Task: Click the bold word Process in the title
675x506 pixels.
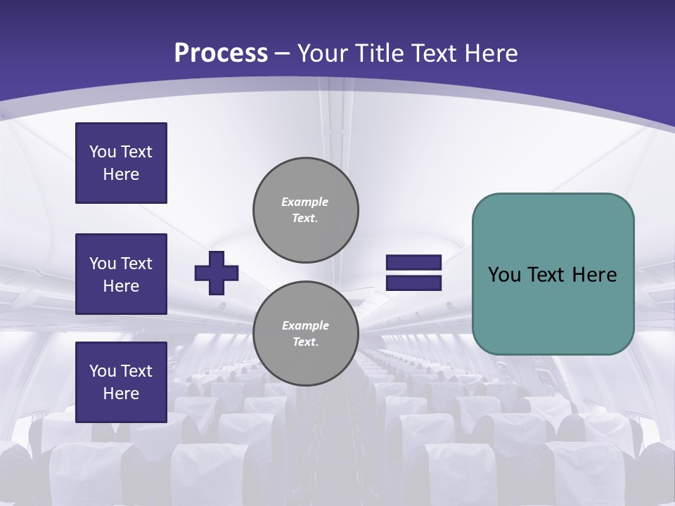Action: (x=221, y=53)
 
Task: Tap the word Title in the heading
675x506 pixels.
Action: (x=378, y=53)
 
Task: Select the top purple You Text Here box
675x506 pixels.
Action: (x=121, y=163)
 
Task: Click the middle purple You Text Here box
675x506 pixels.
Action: (x=121, y=274)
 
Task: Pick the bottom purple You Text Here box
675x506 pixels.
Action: (x=121, y=382)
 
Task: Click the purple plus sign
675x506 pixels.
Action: (x=217, y=273)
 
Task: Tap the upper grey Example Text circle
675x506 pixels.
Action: (x=305, y=209)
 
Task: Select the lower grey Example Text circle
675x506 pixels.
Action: (x=305, y=333)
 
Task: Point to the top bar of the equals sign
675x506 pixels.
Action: (x=413, y=263)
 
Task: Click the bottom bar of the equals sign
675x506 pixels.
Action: (x=413, y=283)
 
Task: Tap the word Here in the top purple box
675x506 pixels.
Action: (x=121, y=174)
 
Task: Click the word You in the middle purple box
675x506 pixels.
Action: (x=103, y=264)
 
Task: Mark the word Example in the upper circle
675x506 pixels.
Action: (x=305, y=202)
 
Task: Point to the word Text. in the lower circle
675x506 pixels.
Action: (x=305, y=342)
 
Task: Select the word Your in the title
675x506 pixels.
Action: (x=323, y=53)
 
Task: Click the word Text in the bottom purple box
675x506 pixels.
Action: (x=136, y=371)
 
